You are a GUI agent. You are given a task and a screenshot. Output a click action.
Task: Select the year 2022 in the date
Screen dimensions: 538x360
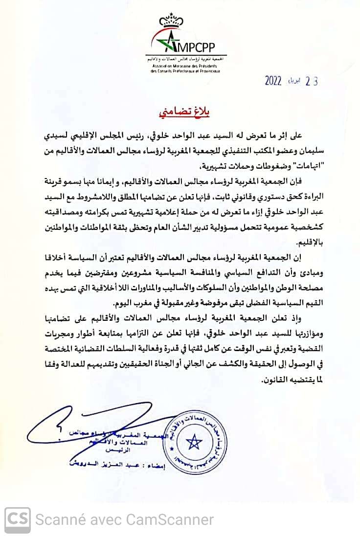[x=273, y=81]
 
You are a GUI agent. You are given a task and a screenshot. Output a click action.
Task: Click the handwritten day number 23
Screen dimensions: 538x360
[x=311, y=81]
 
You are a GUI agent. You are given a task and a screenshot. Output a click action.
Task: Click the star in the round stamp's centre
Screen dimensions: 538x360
[x=194, y=441]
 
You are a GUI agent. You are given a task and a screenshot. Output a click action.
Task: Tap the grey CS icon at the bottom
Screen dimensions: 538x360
[x=18, y=519]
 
